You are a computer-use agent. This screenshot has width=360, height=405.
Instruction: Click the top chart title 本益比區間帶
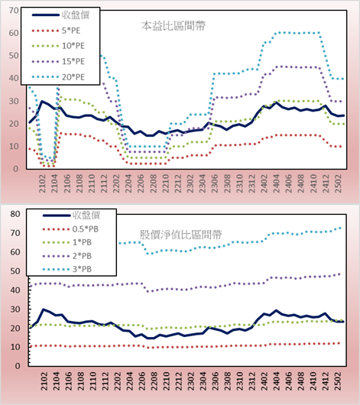tap(174, 26)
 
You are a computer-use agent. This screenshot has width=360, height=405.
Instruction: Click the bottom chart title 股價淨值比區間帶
tap(180, 235)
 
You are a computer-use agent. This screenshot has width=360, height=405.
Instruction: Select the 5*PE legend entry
tap(56, 31)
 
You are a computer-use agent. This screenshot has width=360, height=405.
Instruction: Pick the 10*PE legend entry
tap(58, 46)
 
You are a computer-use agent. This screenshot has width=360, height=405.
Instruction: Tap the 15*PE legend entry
tap(58, 61)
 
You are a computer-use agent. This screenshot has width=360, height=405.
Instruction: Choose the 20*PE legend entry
tap(58, 77)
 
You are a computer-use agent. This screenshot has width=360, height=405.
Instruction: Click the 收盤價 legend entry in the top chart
tap(60, 15)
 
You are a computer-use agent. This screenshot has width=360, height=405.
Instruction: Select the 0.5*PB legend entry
tap(70, 229)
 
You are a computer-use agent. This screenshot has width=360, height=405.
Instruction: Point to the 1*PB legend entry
tap(67, 242)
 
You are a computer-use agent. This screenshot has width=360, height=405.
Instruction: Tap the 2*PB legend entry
tap(67, 256)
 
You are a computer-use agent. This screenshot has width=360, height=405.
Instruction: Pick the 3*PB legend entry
tap(67, 269)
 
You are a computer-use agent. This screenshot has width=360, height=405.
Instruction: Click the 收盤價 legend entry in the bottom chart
tap(71, 215)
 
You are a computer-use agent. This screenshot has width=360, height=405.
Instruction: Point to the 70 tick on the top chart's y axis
tap(14, 11)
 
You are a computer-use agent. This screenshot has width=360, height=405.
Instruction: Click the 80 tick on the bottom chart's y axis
tap(15, 214)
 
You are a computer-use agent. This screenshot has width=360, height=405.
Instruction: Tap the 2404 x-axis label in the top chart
tap(276, 183)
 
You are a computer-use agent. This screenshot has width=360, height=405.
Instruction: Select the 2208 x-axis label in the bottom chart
tap(154, 381)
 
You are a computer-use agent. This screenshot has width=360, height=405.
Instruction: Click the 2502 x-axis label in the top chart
tap(338, 183)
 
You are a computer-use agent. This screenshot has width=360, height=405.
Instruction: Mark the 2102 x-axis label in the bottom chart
tap(44, 381)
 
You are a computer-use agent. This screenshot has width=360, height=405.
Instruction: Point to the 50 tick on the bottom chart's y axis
tap(15, 271)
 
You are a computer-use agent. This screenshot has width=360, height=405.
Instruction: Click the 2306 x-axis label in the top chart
tap(215, 183)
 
